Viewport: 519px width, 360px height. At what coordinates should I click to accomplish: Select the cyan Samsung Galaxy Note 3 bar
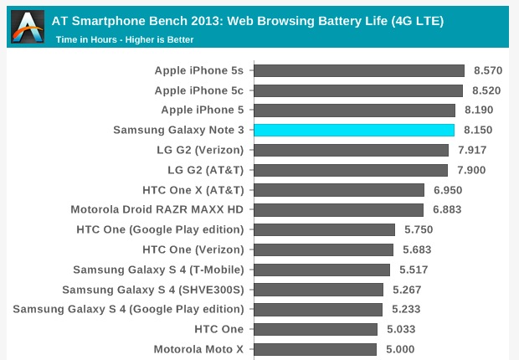click(353, 130)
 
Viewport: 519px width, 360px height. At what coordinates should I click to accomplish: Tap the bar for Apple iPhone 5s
click(358, 71)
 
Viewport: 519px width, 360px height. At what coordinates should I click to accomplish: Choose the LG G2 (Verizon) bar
click(351, 150)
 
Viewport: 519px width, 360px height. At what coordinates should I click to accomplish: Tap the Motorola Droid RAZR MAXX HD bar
click(338, 209)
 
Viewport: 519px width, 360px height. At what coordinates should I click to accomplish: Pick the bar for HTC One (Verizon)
click(323, 249)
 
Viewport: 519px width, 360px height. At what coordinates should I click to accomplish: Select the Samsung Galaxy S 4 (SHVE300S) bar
click(318, 290)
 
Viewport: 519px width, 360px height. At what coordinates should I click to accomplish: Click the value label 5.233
click(409, 309)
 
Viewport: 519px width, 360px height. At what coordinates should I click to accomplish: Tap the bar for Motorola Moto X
click(315, 349)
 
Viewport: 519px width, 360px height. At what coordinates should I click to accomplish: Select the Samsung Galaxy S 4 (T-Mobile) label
click(158, 270)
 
